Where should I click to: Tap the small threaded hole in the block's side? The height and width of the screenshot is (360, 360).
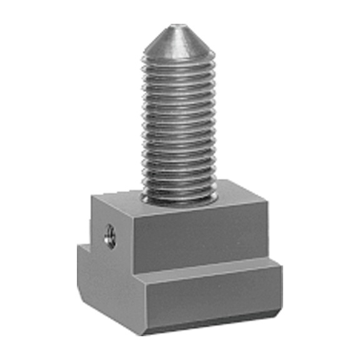(x=110, y=236)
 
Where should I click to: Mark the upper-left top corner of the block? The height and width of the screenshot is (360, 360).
(x=92, y=195)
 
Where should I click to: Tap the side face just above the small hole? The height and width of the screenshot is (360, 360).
(x=111, y=216)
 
